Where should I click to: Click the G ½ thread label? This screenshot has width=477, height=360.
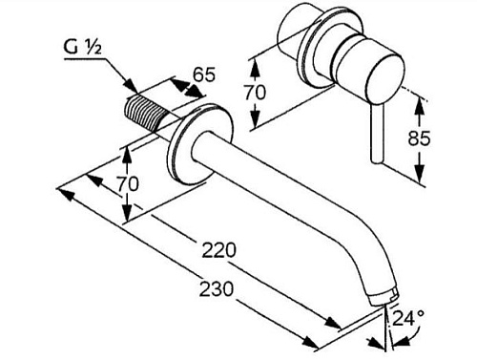[82, 49]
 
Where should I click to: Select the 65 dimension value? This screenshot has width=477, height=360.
[204, 75]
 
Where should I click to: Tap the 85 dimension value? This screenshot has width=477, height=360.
[419, 138]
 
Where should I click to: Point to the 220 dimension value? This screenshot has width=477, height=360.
[219, 250]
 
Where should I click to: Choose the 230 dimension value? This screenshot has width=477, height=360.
[217, 289]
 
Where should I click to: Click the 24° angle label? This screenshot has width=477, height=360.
[408, 318]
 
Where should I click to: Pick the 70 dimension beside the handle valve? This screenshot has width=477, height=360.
[255, 93]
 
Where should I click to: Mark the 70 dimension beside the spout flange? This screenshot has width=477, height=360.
[128, 183]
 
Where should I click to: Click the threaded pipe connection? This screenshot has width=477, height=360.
[146, 113]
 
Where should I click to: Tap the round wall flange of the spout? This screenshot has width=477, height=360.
[200, 143]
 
